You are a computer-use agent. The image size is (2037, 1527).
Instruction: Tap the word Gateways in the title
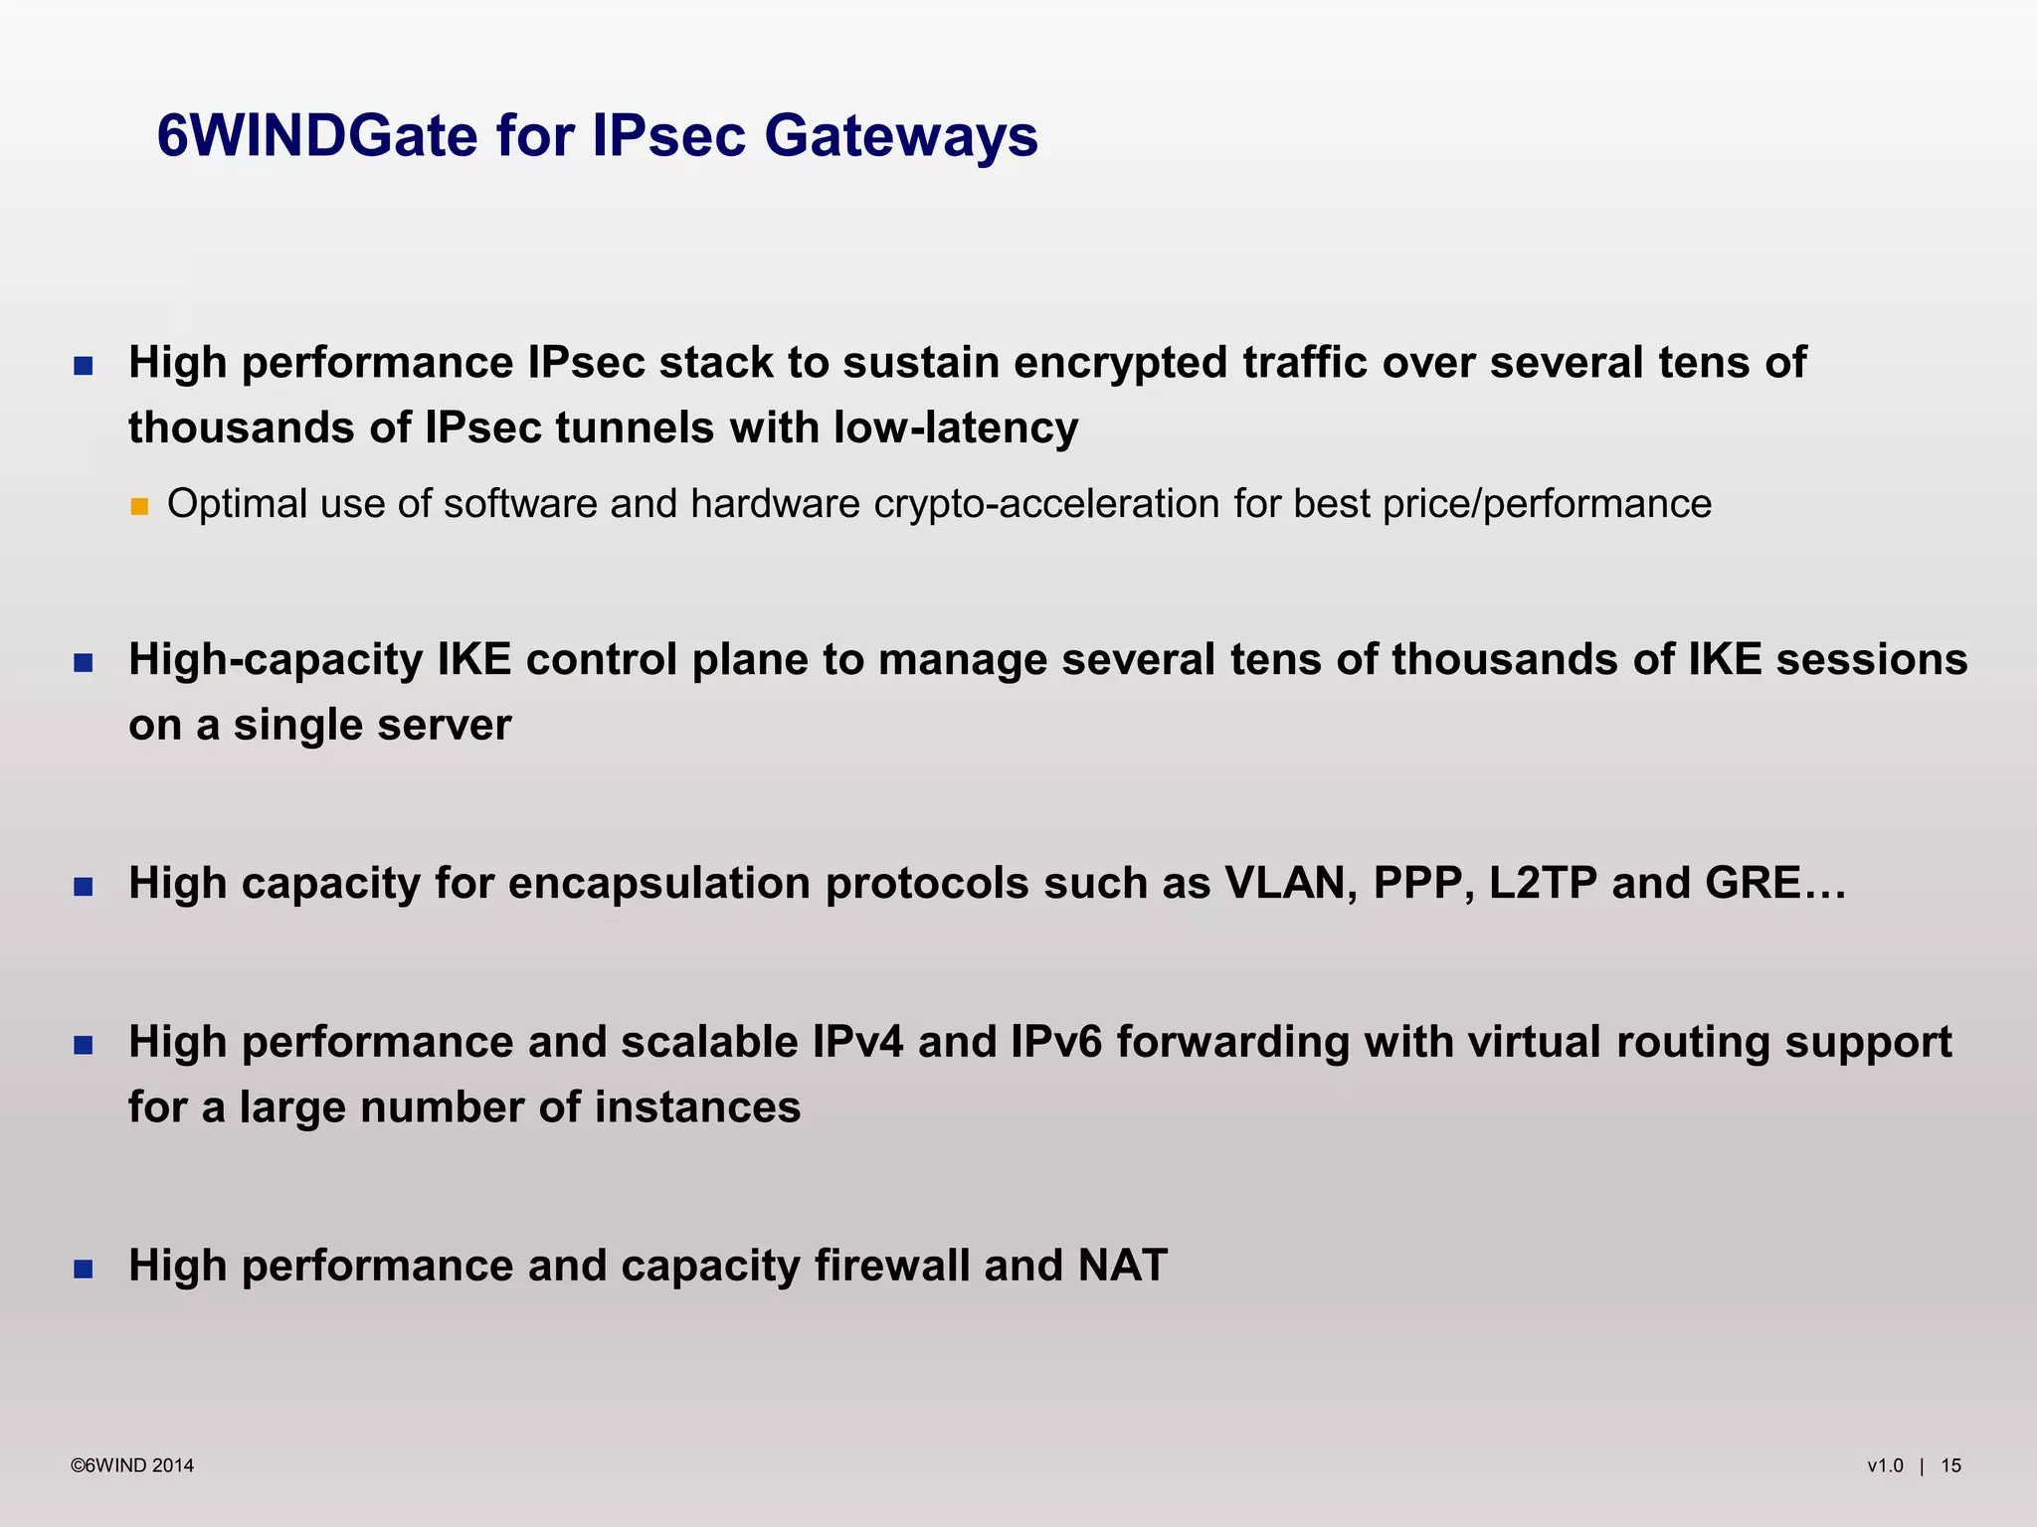point(901,137)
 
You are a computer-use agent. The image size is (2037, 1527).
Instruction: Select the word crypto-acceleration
point(1046,504)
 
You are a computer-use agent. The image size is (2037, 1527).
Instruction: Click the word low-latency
point(956,428)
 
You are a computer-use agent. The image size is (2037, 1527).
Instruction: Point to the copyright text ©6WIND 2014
point(132,1465)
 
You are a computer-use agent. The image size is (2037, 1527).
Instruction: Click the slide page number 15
point(1950,1465)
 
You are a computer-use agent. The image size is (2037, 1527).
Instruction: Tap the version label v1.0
point(1885,1465)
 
